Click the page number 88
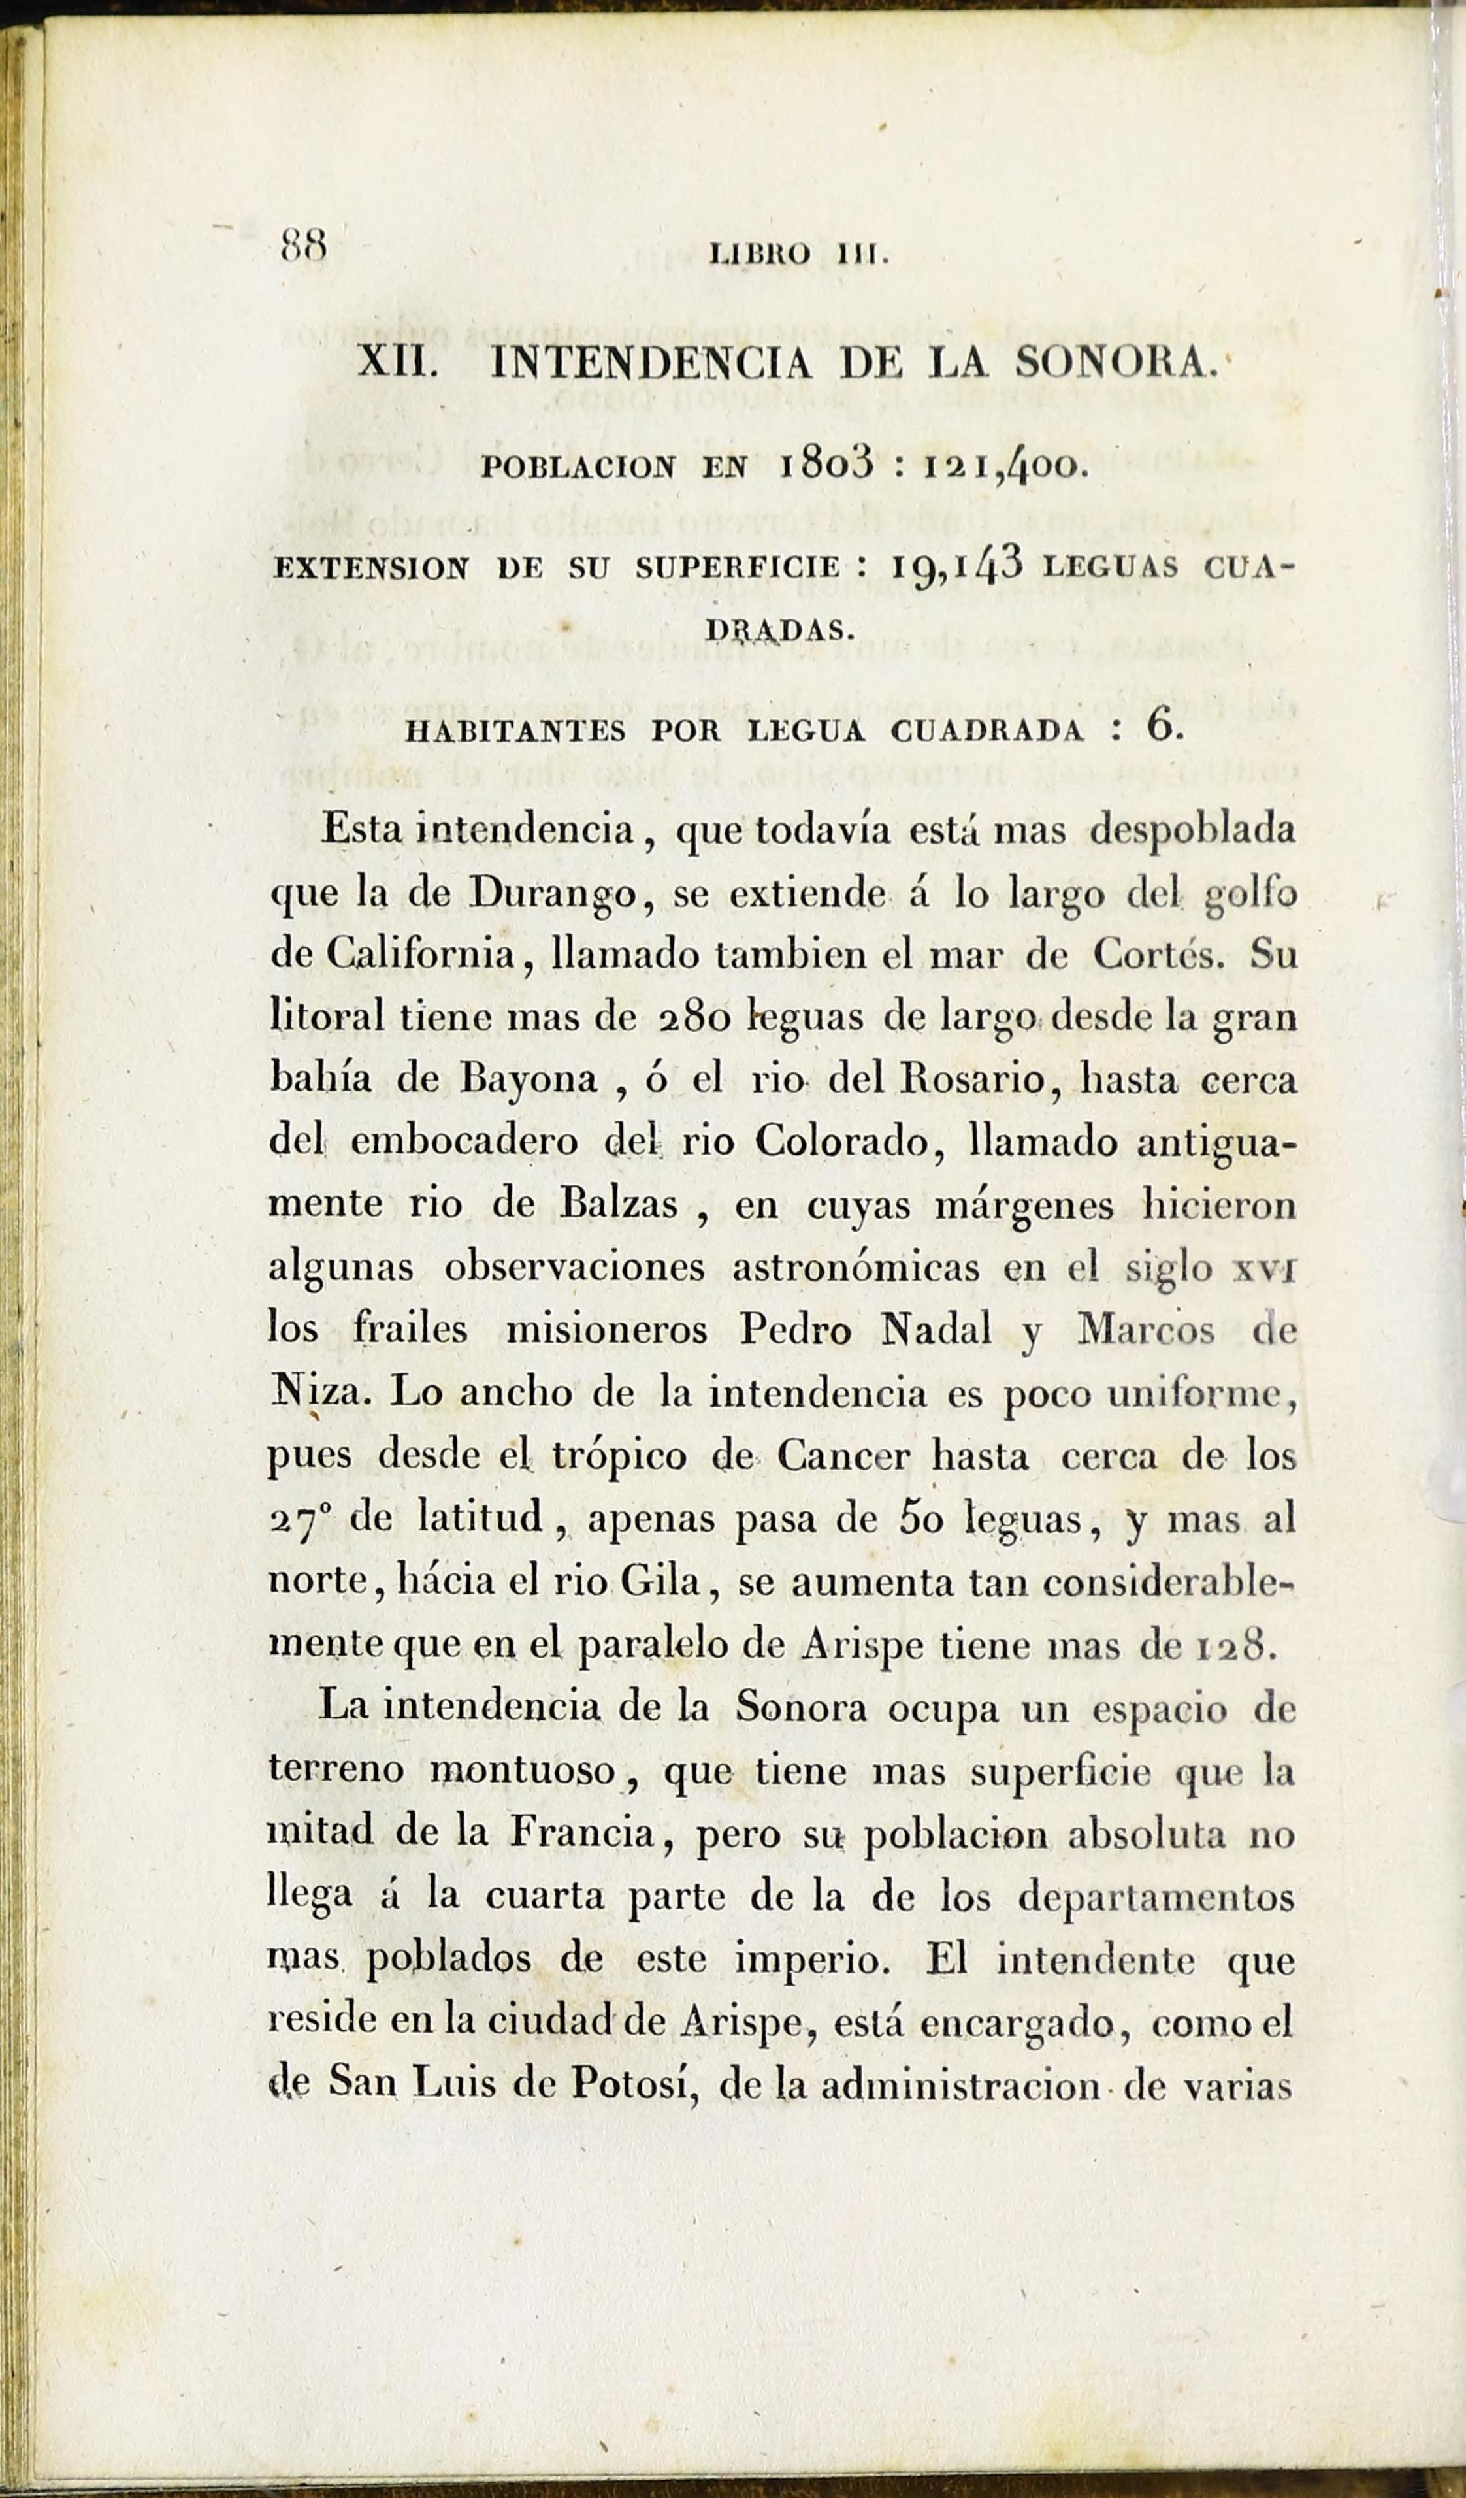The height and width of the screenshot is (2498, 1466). click(x=304, y=244)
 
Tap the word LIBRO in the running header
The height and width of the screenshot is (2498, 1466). click(x=761, y=255)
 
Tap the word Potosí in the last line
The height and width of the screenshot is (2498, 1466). click(x=630, y=2084)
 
